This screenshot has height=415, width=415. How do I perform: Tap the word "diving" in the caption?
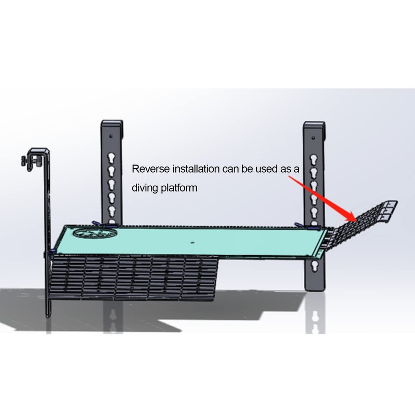145,188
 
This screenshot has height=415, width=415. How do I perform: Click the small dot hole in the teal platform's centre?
192,242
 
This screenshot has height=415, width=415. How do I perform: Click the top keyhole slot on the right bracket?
313,159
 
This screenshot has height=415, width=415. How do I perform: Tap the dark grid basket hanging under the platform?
137,278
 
